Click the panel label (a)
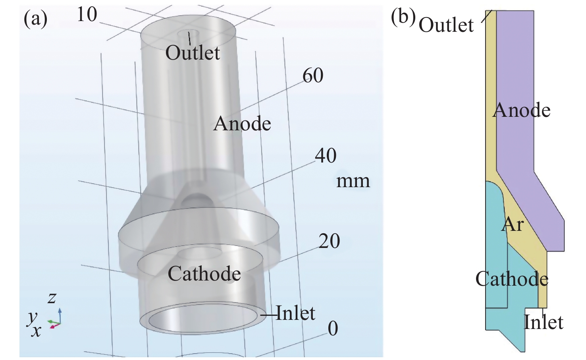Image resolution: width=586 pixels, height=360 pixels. click(35, 19)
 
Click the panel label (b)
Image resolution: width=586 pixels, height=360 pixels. click(403, 17)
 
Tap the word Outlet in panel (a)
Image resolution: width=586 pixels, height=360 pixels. click(193, 53)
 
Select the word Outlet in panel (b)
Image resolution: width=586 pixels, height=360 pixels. click(446, 25)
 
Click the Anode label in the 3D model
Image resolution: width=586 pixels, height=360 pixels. click(242, 124)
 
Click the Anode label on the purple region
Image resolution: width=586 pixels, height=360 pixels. click(521, 110)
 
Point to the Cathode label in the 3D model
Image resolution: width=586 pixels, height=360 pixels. click(204, 274)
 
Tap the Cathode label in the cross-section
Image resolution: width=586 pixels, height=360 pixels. click(512, 279)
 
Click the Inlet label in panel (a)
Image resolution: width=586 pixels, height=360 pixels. click(295, 313)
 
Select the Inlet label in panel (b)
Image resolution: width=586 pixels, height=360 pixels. click(544, 322)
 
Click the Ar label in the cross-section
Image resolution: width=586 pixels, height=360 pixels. click(513, 225)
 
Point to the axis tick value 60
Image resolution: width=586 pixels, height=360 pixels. click(313, 75)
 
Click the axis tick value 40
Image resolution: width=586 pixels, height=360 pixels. click(326, 156)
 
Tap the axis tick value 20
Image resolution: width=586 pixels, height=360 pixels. click(329, 241)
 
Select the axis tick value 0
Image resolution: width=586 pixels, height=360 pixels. click(333, 329)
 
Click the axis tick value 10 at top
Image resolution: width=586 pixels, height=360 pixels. click(87, 15)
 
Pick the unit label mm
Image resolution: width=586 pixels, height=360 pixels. click(353, 181)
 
